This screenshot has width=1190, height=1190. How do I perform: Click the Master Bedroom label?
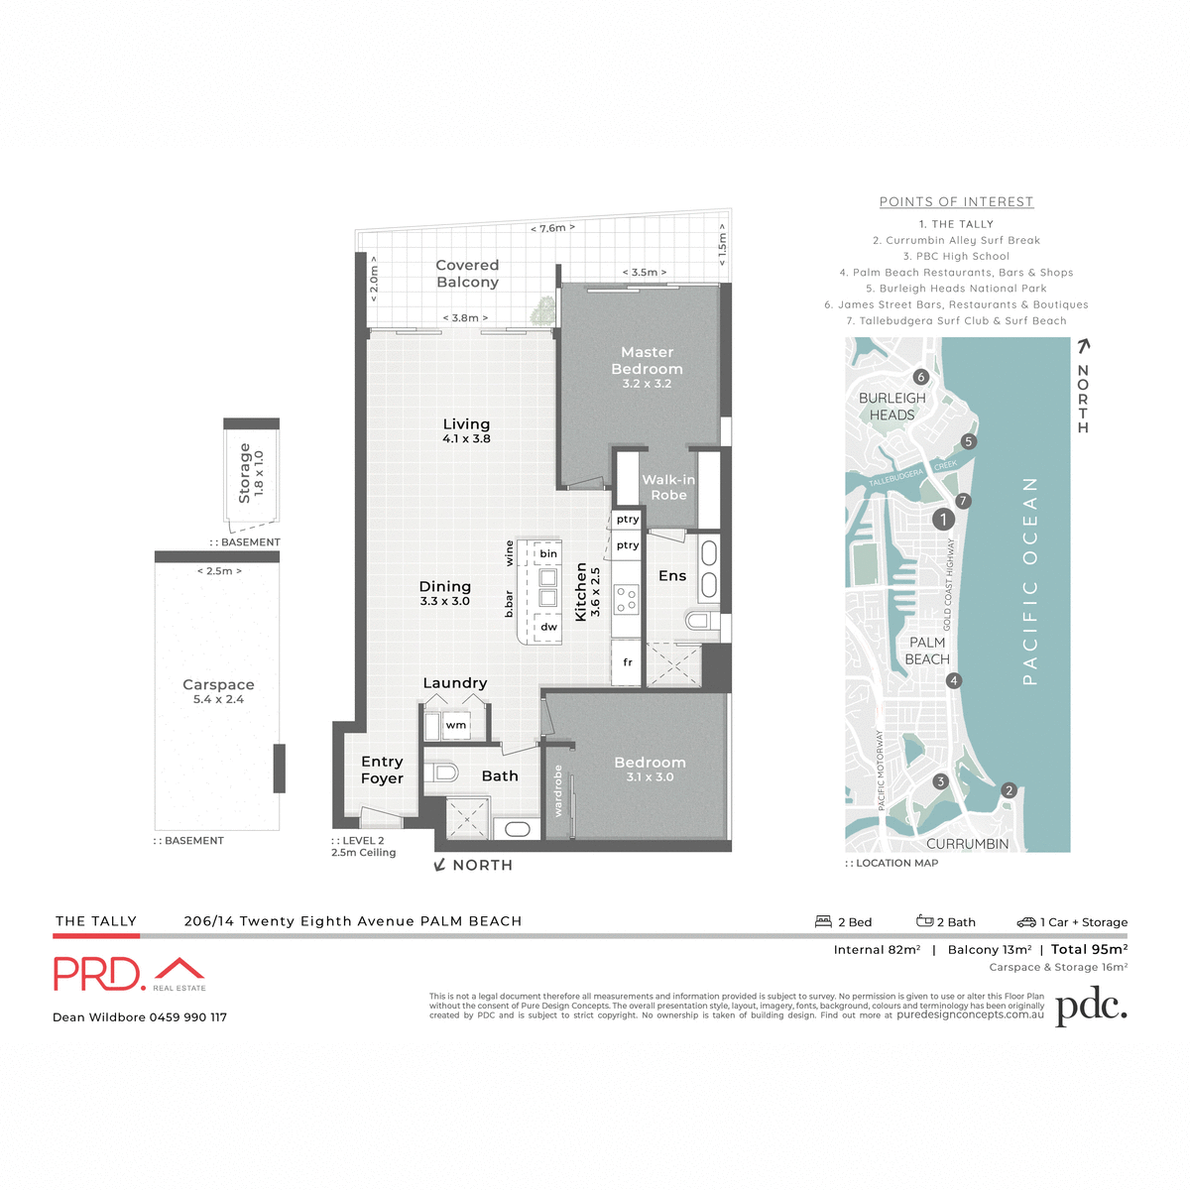pos(647,361)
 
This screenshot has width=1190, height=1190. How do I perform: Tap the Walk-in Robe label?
pos(668,487)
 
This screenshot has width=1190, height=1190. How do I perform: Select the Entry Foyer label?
pos(382,770)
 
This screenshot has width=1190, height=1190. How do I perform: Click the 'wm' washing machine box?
pos(456,726)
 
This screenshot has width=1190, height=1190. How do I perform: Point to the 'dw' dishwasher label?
pos(548,627)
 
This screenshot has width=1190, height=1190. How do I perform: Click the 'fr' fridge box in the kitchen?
pos(628,662)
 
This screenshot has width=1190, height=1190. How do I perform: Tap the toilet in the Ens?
pos(699,621)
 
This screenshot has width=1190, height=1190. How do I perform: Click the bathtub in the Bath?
pos(518,829)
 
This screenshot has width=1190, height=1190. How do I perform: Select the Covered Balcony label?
pos(467,274)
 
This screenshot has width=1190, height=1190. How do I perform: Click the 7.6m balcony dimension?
pos(552,228)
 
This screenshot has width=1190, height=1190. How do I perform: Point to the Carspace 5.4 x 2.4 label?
pos(218,691)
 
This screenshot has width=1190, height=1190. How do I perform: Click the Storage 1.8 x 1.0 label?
pos(251,474)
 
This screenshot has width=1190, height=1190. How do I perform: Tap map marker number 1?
pos(943,519)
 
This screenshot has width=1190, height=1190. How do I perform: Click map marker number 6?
pos(920,377)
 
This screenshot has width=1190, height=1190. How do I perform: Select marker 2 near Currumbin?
pos(1009,790)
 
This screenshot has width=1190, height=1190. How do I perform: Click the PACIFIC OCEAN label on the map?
pos(1030,581)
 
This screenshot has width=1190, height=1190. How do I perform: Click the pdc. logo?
pos(1091,1008)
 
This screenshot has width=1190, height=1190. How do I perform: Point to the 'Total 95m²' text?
pos(1089,949)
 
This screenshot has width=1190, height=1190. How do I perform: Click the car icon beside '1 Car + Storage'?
pos(1026,921)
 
